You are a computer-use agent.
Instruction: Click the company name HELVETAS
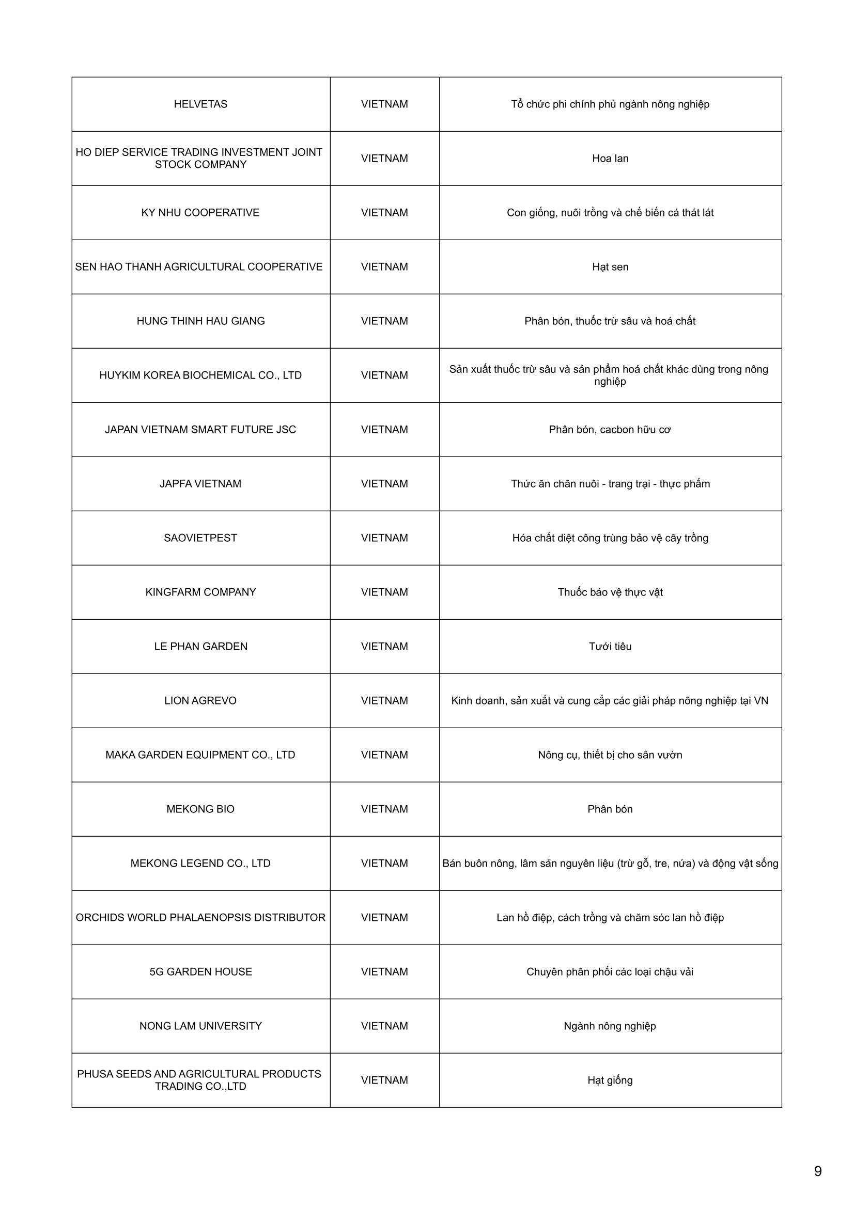click(x=200, y=104)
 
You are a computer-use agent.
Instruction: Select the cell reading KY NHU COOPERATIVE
click(x=200, y=213)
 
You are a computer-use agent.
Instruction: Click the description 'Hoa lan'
click(x=610, y=159)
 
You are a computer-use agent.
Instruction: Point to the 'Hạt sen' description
click(x=610, y=266)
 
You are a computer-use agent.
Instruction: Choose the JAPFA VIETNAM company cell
click(x=200, y=483)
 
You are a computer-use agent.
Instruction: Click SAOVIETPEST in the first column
click(x=200, y=538)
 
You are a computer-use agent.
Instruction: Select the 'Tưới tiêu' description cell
click(x=610, y=646)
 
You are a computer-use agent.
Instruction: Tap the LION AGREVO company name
click(x=200, y=700)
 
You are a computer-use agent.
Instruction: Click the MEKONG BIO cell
click(x=200, y=809)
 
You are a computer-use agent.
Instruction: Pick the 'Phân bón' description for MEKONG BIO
click(x=610, y=809)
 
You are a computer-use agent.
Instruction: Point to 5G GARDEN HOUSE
click(x=200, y=971)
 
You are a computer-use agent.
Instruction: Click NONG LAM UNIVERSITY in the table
click(x=200, y=1026)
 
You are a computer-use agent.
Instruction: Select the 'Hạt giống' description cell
click(x=610, y=1080)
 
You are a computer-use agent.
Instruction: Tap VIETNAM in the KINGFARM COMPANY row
click(x=384, y=592)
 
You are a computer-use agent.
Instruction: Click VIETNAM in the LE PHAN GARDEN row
click(x=384, y=646)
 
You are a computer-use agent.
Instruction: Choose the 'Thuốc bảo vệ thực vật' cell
click(x=610, y=592)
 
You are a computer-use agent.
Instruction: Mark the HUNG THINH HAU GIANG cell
click(x=200, y=321)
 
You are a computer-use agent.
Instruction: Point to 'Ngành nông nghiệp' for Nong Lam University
click(x=610, y=1026)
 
